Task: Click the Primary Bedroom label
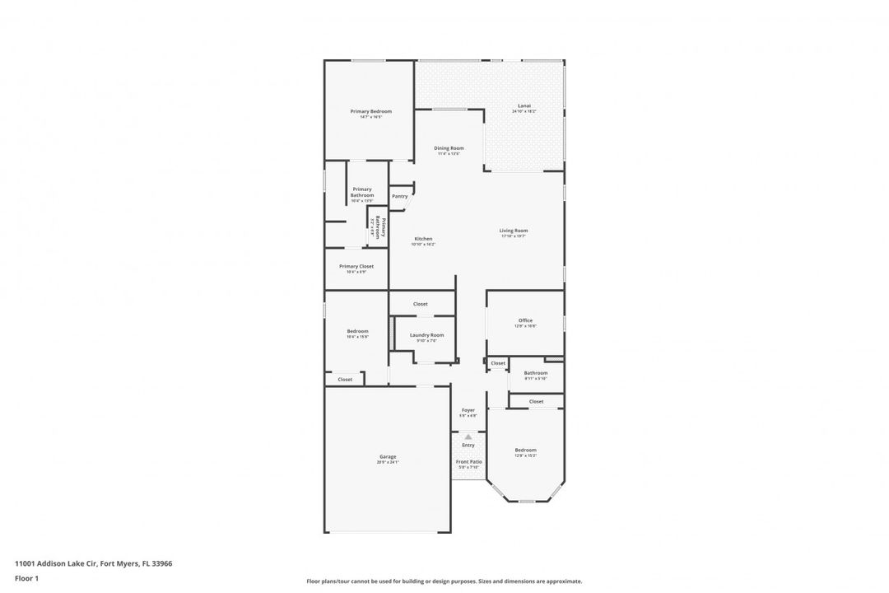(x=370, y=111)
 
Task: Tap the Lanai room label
(x=524, y=105)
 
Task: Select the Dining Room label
(x=449, y=148)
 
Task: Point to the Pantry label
(x=400, y=196)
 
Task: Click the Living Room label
(x=513, y=231)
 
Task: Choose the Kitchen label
(x=423, y=239)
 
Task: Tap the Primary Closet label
(x=356, y=266)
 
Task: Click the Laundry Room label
(x=426, y=334)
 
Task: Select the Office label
(x=525, y=320)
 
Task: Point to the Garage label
(x=388, y=456)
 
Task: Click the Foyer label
(x=468, y=410)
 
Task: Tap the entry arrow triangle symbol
(x=468, y=437)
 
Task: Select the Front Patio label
(x=468, y=462)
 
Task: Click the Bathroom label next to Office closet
(x=536, y=372)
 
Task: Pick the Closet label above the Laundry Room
(x=420, y=304)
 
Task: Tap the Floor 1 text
(x=26, y=578)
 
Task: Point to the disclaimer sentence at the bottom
(x=444, y=581)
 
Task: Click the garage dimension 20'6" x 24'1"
(x=388, y=463)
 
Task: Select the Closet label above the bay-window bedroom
(x=536, y=401)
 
